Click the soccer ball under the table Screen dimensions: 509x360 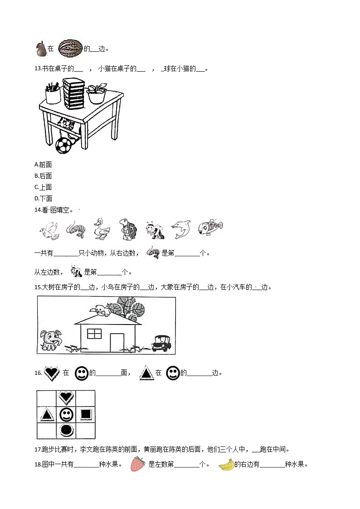[63, 145]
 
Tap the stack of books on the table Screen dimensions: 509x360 [74, 94]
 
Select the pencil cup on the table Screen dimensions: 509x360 [53, 93]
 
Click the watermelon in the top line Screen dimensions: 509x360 [70, 48]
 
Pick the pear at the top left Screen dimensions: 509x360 [41, 49]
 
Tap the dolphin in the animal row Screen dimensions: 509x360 [181, 229]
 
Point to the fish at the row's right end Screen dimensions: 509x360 [210, 228]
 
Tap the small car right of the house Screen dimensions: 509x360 [161, 343]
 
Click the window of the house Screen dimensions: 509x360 [94, 334]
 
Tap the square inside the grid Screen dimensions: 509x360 [86, 414]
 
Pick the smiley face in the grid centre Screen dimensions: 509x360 [66, 414]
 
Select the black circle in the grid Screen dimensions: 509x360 [66, 430]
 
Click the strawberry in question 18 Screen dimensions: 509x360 [138, 464]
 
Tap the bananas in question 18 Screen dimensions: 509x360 [226, 465]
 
